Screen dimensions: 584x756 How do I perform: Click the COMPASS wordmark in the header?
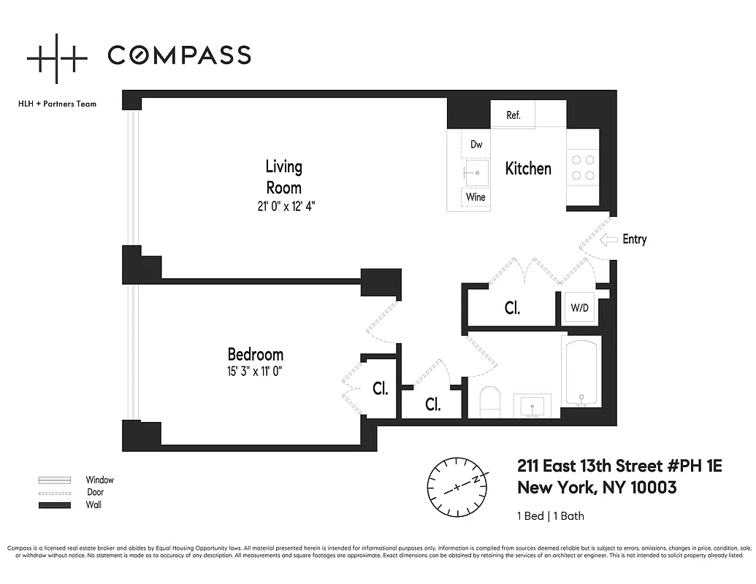pyautogui.click(x=179, y=55)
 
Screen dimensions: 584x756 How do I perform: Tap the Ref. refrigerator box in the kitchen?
pyautogui.click(x=513, y=115)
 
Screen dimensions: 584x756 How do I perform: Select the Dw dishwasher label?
pyautogui.click(x=476, y=145)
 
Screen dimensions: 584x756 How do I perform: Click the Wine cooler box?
pyautogui.click(x=476, y=197)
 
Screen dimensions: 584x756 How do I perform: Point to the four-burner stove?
pyautogui.click(x=584, y=167)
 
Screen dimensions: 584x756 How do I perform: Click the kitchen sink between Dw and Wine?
pyautogui.click(x=476, y=173)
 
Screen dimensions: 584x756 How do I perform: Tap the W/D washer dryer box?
pyautogui.click(x=579, y=307)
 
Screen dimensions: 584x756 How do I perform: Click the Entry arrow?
pyautogui.click(x=608, y=239)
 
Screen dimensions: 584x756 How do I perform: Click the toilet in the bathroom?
pyautogui.click(x=489, y=402)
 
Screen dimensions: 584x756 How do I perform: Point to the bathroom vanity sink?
pyautogui.click(x=536, y=406)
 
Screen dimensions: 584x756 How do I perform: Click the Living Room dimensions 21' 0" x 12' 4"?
pyautogui.click(x=284, y=207)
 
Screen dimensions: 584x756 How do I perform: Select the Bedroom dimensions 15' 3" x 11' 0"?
pyautogui.click(x=255, y=371)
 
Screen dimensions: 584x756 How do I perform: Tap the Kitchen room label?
pyautogui.click(x=528, y=169)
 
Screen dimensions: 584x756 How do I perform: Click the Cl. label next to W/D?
pyautogui.click(x=512, y=308)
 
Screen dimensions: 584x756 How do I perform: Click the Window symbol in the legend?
pyautogui.click(x=55, y=480)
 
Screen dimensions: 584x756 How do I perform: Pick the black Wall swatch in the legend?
pyautogui.click(x=55, y=504)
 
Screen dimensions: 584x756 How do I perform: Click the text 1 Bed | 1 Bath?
pyautogui.click(x=550, y=516)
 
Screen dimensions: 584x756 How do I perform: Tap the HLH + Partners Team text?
pyautogui.click(x=57, y=104)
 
